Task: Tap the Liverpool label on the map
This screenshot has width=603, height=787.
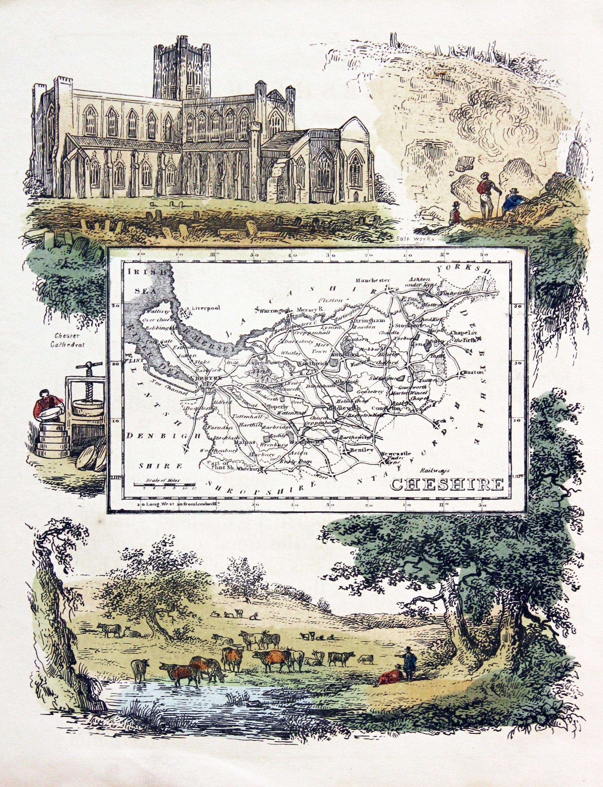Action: click(x=206, y=308)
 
